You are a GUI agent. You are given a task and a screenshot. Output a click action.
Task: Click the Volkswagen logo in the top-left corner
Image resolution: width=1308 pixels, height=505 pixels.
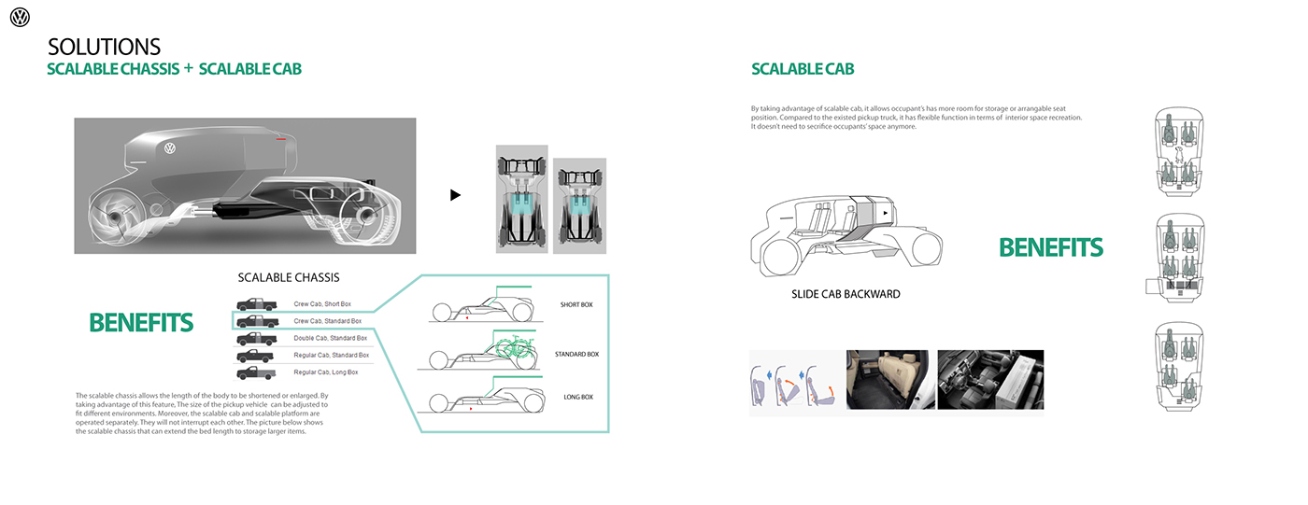[20, 17]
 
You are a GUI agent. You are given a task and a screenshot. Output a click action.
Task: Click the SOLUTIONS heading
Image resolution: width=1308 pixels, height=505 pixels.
[104, 47]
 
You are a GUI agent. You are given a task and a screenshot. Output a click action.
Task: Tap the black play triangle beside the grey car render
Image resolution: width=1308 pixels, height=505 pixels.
[455, 195]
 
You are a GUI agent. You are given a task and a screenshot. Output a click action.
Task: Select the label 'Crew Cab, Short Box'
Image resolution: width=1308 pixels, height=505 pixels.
[322, 304]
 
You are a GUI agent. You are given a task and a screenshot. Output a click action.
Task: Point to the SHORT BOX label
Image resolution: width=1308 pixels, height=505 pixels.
[576, 305]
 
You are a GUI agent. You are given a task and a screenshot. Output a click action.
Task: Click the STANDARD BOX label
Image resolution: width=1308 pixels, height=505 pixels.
[576, 355]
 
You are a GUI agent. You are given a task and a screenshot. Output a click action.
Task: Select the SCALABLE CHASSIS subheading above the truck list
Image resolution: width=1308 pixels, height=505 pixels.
[289, 277]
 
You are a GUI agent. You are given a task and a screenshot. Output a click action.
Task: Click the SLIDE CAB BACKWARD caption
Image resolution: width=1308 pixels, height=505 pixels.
[846, 294]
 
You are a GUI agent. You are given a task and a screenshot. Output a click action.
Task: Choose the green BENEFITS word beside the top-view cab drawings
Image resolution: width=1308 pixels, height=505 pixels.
[1051, 248]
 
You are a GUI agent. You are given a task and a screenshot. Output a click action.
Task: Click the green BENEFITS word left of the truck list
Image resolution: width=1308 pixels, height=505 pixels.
[141, 323]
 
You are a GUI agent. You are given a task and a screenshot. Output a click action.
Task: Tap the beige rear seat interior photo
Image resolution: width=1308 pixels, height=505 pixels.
[889, 379]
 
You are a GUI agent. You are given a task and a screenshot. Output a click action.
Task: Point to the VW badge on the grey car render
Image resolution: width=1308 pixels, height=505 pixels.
[170, 147]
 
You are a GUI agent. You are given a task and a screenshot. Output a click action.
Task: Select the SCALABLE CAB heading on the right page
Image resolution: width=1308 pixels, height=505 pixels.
[803, 69]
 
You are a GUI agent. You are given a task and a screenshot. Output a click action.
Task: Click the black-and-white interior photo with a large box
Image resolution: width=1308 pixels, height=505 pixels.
[990, 379]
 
